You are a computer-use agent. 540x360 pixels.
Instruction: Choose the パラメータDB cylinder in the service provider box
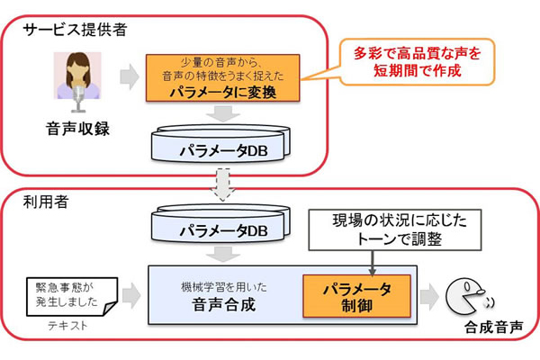point(220,145)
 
